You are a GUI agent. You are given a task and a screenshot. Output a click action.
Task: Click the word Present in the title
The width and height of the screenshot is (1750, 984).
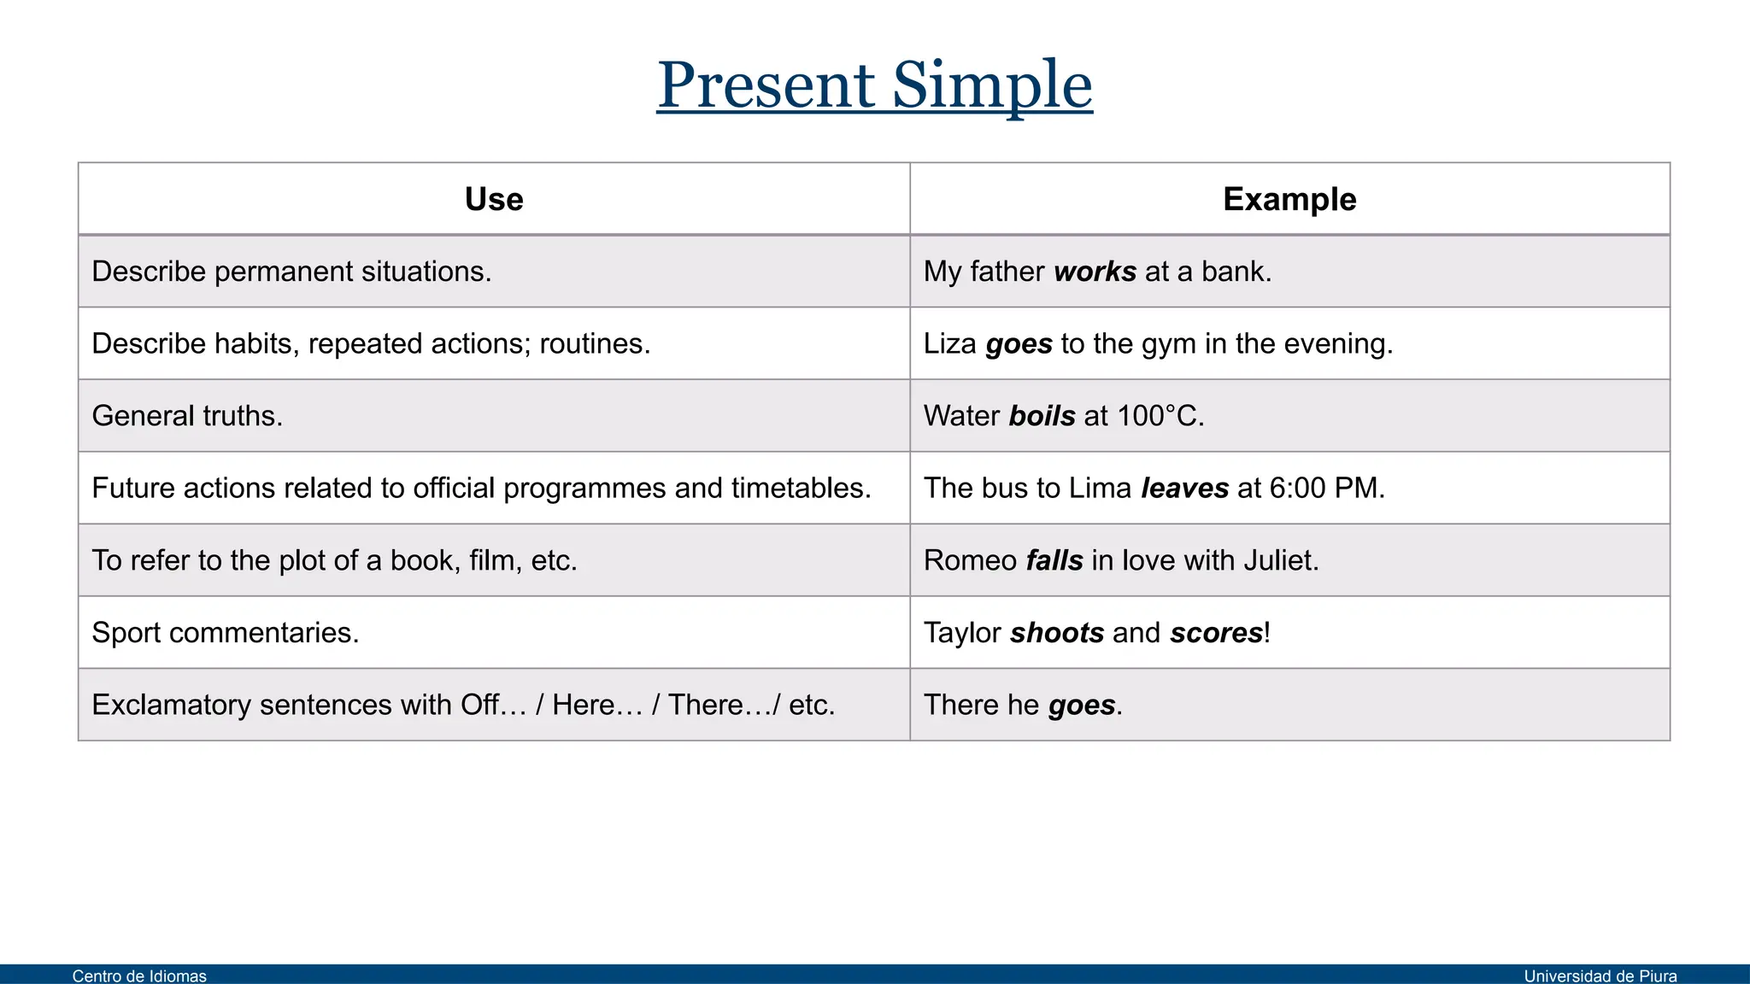coord(766,85)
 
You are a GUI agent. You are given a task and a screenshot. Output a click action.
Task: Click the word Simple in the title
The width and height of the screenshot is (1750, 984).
coord(992,85)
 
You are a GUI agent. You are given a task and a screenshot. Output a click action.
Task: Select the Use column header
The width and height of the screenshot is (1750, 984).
coord(494,199)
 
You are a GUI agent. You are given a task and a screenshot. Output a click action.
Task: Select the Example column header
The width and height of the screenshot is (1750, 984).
coord(1289,199)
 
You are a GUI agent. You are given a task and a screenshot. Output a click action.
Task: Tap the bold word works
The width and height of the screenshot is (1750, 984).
coord(1095,272)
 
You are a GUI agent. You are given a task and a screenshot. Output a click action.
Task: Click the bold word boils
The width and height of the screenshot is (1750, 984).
coord(1042,416)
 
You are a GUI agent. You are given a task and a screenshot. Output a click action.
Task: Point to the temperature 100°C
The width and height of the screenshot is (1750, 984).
coord(1158,416)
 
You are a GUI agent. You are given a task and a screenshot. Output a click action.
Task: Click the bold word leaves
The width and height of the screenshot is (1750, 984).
coord(1184,488)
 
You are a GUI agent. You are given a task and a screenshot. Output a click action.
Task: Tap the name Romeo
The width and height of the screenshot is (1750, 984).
coord(970,560)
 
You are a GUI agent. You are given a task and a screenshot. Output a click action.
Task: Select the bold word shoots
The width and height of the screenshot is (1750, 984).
coord(1057,633)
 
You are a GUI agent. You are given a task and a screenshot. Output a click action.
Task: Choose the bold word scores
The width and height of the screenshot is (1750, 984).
coord(1216,633)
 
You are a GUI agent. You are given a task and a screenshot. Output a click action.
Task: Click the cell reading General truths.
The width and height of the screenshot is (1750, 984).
coord(187,416)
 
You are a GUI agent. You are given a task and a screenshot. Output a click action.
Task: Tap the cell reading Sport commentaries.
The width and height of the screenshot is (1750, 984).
coord(226,633)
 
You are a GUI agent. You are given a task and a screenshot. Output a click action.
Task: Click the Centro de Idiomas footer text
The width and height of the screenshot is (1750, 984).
coord(139,975)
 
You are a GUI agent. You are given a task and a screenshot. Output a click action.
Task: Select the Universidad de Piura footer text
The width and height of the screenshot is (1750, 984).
coord(1600,975)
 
